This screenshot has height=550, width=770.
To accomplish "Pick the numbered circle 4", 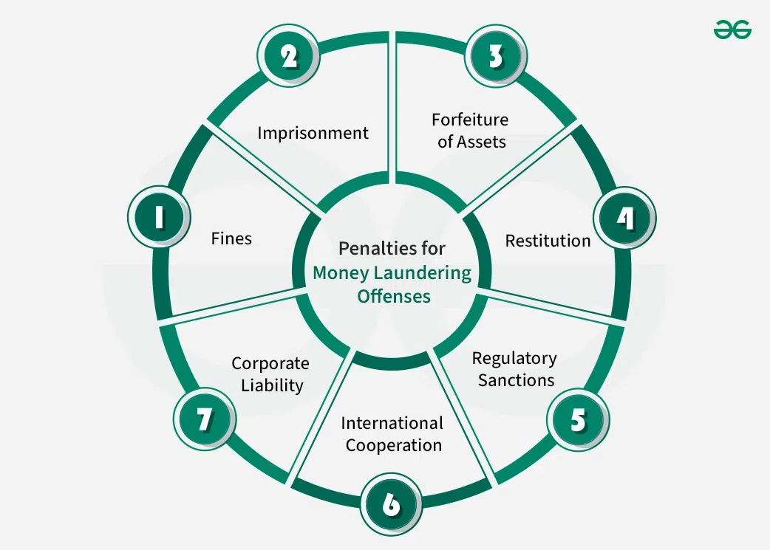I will [x=625, y=218].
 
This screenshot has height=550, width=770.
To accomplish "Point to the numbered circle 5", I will [x=578, y=419].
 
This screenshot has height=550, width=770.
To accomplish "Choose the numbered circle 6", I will [x=392, y=505].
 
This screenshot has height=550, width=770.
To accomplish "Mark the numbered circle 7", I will [x=205, y=419].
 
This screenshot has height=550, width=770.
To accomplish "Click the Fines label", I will [x=231, y=238].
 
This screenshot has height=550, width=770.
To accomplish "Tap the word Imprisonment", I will [x=313, y=133].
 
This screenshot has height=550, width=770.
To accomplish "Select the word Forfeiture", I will [x=470, y=120].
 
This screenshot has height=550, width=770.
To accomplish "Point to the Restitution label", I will [x=548, y=241].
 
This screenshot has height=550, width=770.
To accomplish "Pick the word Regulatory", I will [x=514, y=359].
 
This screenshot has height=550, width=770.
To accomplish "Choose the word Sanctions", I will [x=516, y=380].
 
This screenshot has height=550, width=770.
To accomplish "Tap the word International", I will [x=392, y=424].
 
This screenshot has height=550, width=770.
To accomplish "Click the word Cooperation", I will [x=394, y=445].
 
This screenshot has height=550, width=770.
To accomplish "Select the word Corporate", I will [x=270, y=363].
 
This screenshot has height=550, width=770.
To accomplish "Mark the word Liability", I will [x=272, y=385].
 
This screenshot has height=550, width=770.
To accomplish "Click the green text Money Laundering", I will [x=392, y=272].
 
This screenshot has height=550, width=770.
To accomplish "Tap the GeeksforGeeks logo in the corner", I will [x=732, y=30].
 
